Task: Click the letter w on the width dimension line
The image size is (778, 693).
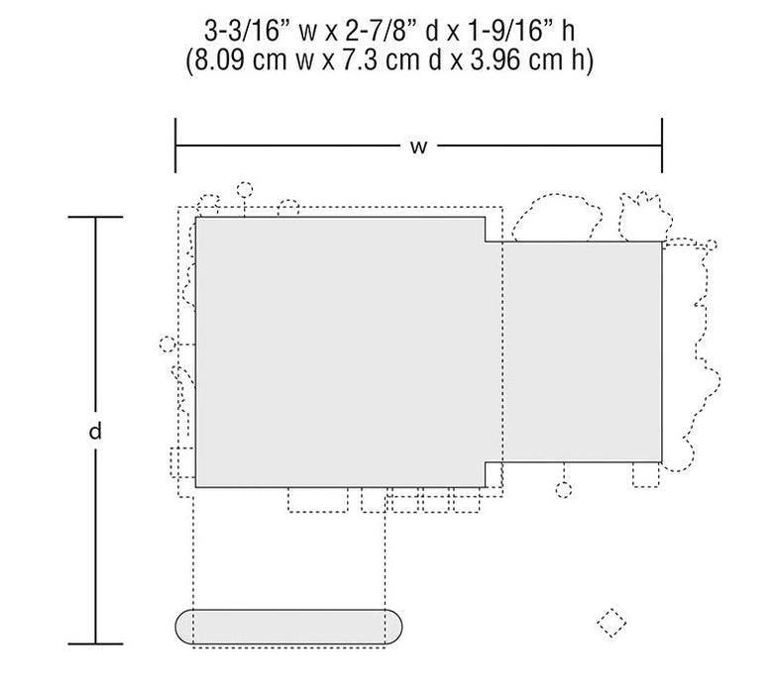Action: pyautogui.click(x=419, y=147)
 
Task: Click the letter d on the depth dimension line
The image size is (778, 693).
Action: pyautogui.click(x=95, y=431)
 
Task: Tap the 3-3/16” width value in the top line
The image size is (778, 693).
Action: pyautogui.click(x=243, y=31)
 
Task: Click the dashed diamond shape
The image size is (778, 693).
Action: pyautogui.click(x=611, y=622)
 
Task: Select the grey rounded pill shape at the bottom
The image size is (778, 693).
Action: pyautogui.click(x=288, y=627)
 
